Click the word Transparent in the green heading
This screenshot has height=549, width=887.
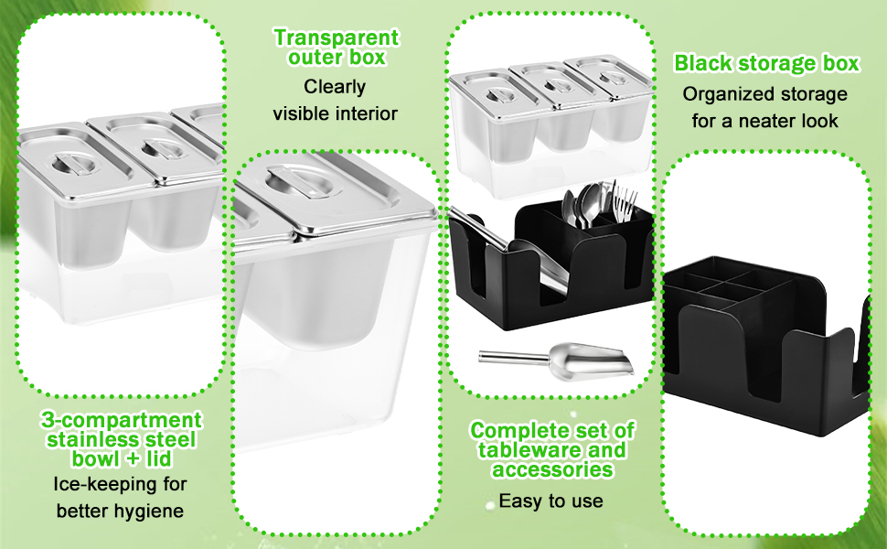click(336, 38)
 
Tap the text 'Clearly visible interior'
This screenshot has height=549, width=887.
click(336, 100)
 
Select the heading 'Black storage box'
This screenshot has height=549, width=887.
click(766, 63)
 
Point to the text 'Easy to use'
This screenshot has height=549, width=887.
click(550, 501)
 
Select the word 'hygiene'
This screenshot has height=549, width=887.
click(152, 511)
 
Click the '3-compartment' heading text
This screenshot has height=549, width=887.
click(121, 420)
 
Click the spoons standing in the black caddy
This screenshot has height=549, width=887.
click(583, 205)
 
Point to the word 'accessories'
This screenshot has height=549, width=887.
click(552, 469)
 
